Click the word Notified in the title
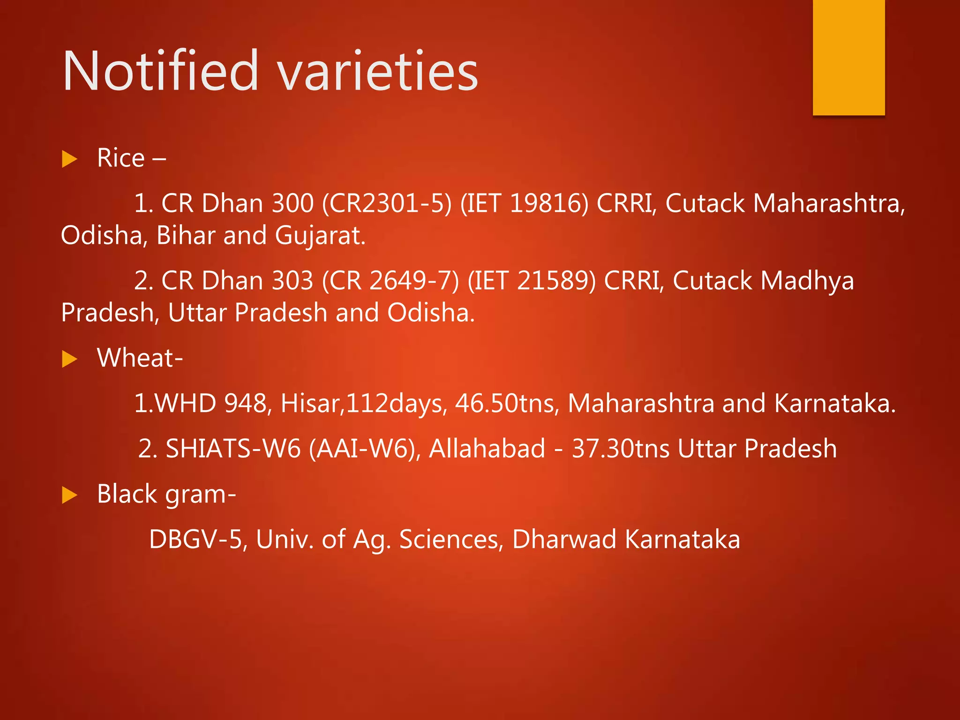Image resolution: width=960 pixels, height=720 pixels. coord(160,71)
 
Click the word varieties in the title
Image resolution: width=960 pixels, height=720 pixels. coord(378,71)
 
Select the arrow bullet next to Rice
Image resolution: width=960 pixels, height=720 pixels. coord(69,159)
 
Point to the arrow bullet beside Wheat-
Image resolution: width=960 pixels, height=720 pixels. coord(69,359)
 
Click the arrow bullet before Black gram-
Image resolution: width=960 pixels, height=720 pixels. coord(69,495)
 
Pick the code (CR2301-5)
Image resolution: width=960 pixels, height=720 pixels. coord(387,203)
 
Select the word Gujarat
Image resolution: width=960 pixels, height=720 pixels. coord(320,235)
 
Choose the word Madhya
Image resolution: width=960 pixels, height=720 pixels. coord(807,281)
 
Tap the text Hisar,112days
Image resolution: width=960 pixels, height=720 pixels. coord(364,403)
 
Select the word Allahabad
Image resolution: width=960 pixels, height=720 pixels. coord(487,449)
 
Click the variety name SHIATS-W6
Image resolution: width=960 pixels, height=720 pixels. coord(233,449)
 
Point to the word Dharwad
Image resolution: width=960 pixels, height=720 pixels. coord(564,540)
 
